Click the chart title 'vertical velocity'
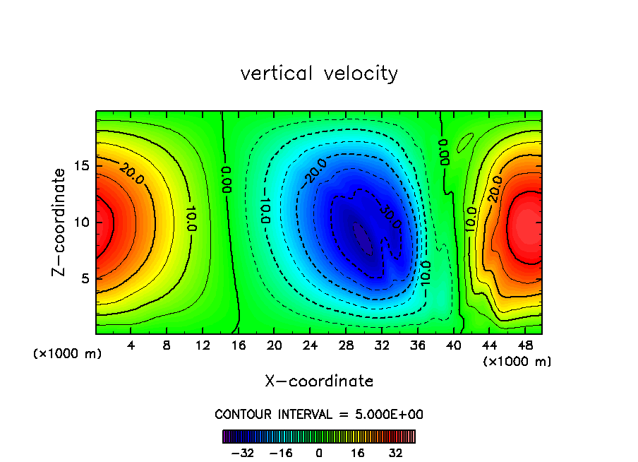tap(319, 73)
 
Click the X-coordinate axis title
tap(319, 381)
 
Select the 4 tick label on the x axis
tap(131, 345)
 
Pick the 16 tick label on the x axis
tap(239, 345)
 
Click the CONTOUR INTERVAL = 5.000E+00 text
tap(319, 414)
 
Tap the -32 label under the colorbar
tap(242, 453)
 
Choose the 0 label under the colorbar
tap(319, 453)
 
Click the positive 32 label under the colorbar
tap(395, 453)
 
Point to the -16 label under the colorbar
tap(280, 453)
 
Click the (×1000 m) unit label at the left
tap(68, 354)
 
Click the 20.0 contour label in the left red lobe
tap(131, 174)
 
